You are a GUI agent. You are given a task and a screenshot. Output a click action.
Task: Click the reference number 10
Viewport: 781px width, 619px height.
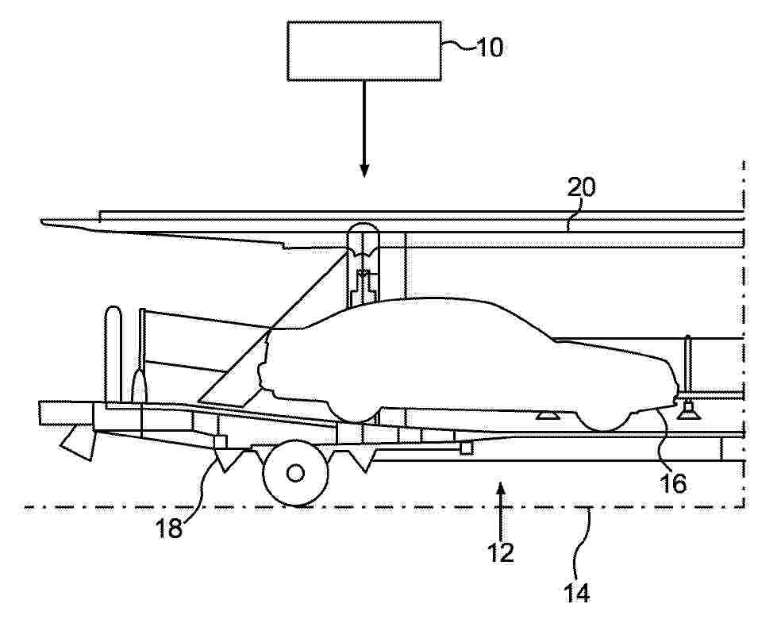[x=491, y=48]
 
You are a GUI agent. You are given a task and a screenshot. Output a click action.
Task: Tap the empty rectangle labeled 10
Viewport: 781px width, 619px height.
[x=364, y=51]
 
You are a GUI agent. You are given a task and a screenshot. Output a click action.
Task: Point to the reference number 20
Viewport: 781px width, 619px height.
[x=581, y=188]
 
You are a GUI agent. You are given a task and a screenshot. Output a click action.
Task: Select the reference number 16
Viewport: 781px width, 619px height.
[x=673, y=483]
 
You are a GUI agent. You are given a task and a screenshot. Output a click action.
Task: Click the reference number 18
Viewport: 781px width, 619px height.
[x=169, y=529]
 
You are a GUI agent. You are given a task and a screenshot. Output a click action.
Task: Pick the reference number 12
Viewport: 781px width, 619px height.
[x=501, y=552]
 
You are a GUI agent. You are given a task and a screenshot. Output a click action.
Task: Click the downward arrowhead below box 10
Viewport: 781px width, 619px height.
[x=364, y=171]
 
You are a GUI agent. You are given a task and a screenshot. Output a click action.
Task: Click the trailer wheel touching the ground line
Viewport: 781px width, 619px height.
[x=295, y=473]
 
